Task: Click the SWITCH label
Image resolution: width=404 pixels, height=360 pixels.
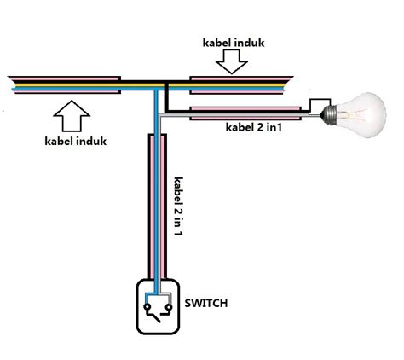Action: [x=206, y=304]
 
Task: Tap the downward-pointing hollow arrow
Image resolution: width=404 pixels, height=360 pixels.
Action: [x=232, y=61]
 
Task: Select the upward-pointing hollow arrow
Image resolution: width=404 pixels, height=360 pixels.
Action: [x=72, y=116]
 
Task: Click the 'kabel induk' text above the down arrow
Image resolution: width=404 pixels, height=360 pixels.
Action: [x=234, y=43]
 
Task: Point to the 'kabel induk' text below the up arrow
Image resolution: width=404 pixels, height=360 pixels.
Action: [x=76, y=141]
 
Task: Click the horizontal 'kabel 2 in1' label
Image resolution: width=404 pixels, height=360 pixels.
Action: [x=254, y=127]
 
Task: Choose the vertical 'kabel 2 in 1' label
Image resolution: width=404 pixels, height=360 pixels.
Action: [x=178, y=206]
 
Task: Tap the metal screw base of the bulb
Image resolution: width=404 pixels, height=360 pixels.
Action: [x=328, y=114]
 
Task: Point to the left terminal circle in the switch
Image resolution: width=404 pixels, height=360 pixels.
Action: [x=147, y=307]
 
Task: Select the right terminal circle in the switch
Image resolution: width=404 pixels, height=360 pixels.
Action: [x=169, y=307]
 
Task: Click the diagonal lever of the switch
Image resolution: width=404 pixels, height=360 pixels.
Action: [x=153, y=316]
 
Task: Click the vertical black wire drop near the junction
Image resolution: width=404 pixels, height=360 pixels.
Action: [x=167, y=96]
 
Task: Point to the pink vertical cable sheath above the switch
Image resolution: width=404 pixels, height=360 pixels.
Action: [x=157, y=206]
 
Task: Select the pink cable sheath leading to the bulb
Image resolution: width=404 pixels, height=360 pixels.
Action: [x=245, y=113]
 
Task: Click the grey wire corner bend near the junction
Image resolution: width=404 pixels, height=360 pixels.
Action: [x=160, y=114]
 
